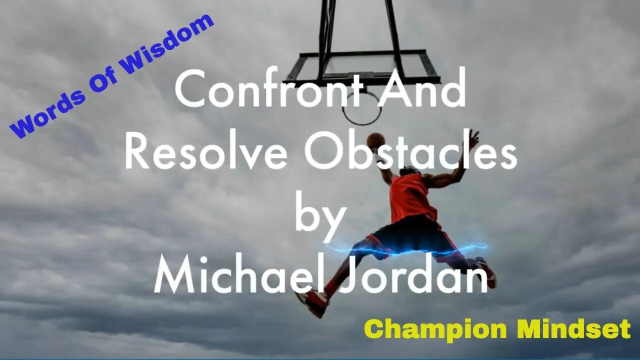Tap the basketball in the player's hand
coord(375,140)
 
